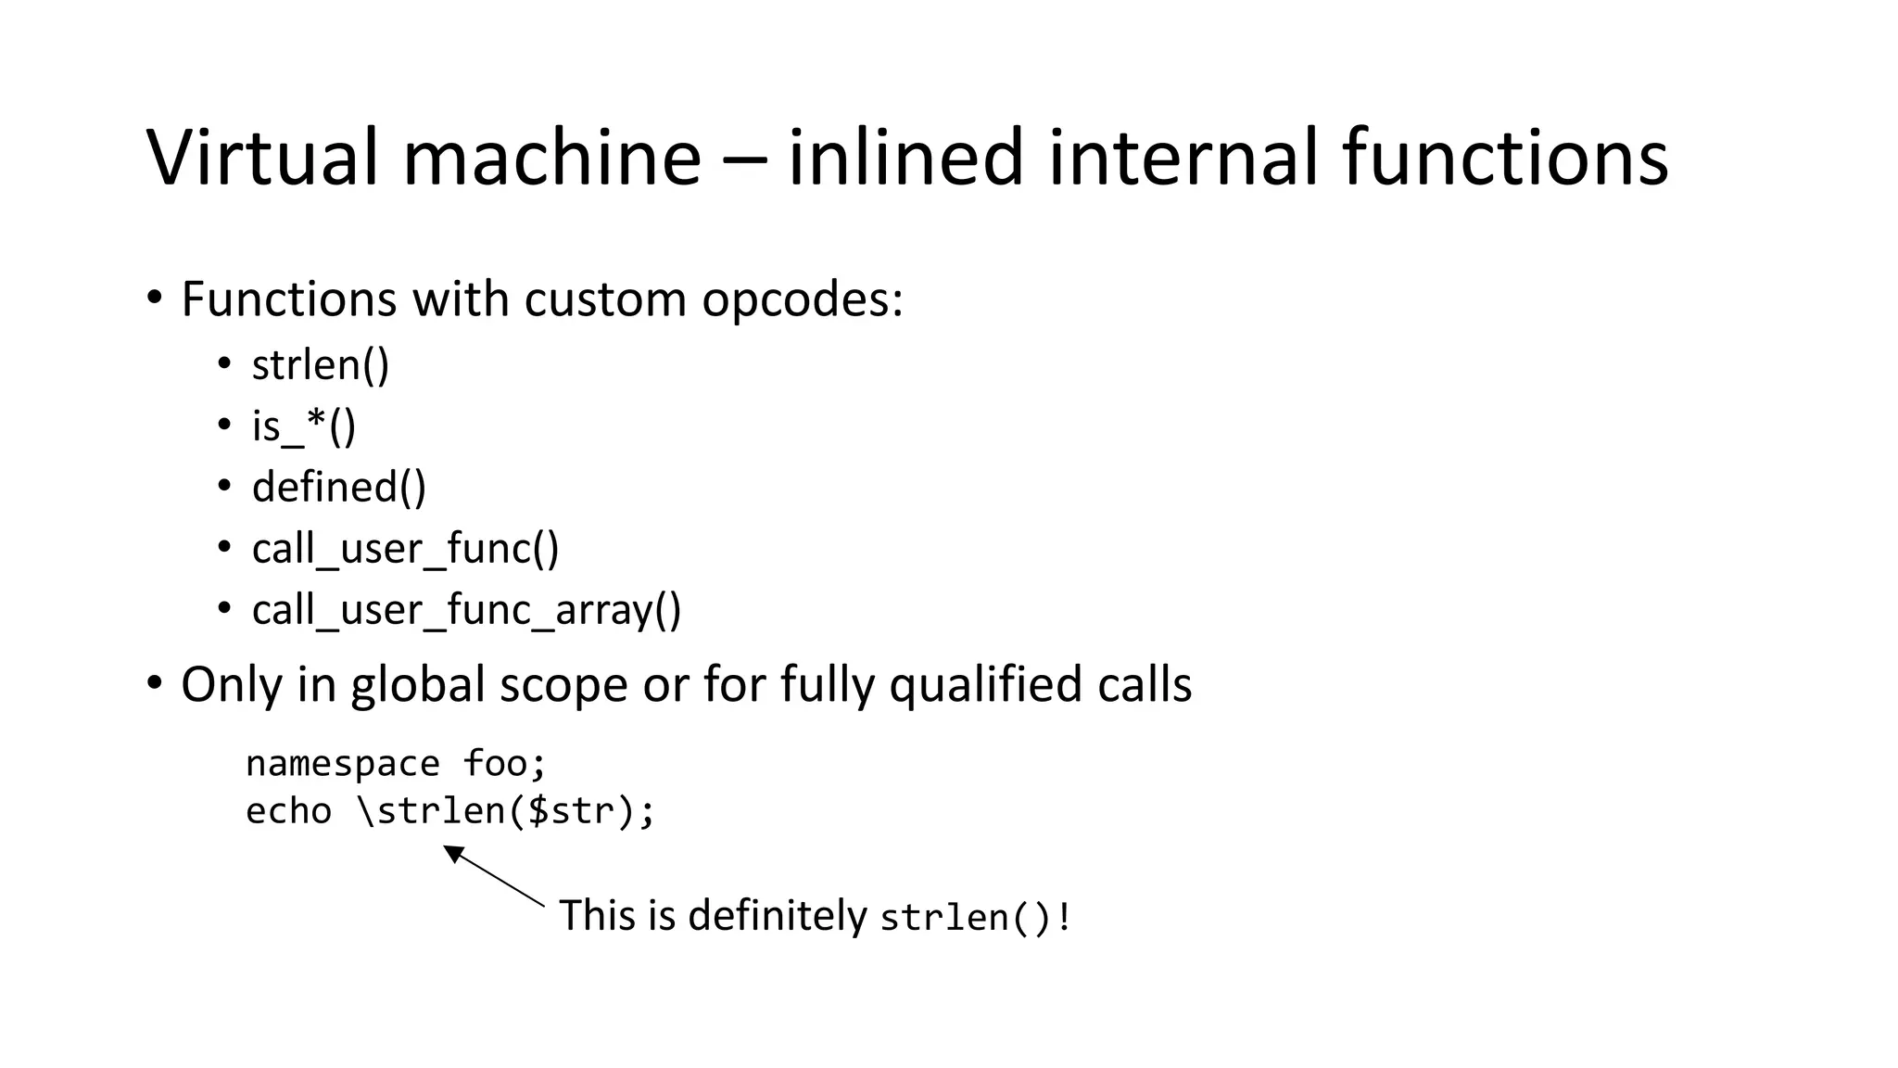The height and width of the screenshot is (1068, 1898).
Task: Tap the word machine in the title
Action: click(551, 158)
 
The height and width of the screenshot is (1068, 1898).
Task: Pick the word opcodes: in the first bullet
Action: click(802, 300)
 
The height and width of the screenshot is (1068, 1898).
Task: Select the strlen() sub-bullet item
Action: click(321, 365)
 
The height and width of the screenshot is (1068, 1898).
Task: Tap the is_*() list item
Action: click(304, 426)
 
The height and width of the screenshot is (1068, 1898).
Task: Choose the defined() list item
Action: click(339, 488)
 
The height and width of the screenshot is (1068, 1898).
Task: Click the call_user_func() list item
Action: click(405, 549)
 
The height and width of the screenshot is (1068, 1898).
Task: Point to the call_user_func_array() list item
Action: click(466, 610)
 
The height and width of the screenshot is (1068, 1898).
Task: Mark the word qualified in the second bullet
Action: click(985, 686)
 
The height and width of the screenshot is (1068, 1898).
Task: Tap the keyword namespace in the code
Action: click(342, 765)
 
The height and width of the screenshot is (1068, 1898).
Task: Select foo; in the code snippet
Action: click(505, 765)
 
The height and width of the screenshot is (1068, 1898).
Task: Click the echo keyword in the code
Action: click(288, 811)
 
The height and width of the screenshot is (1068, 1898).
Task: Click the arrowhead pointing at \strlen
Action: click(453, 853)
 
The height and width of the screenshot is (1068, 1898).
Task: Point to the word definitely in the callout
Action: click(778, 916)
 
